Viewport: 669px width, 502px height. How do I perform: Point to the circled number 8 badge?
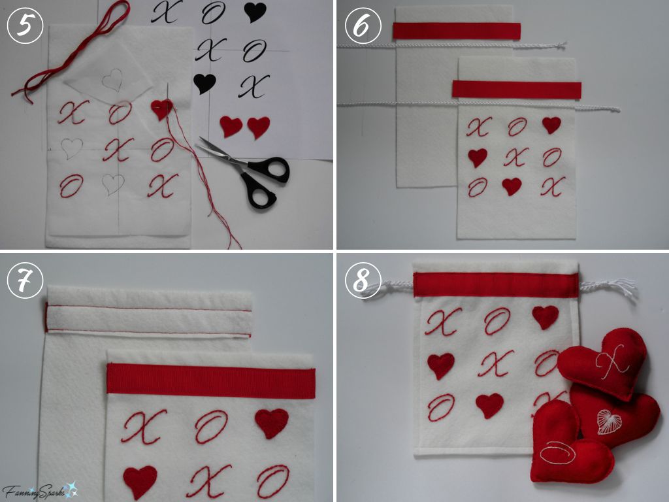tap(361, 280)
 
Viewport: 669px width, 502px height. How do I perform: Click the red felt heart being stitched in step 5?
tap(161, 109)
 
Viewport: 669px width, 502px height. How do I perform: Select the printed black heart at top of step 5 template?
tap(254, 12)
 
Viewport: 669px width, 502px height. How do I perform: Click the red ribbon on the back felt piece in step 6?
tap(457, 31)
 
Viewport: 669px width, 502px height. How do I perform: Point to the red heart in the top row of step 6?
tap(551, 124)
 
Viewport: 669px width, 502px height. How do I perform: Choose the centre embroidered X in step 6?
tap(515, 156)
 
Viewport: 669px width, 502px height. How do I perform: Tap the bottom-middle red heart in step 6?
tap(512, 186)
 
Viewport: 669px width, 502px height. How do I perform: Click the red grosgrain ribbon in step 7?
tap(210, 381)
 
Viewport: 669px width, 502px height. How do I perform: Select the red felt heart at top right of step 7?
tap(271, 423)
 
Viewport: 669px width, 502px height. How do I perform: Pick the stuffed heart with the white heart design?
tap(617, 418)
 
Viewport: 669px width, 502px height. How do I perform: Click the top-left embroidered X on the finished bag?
tap(443, 321)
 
